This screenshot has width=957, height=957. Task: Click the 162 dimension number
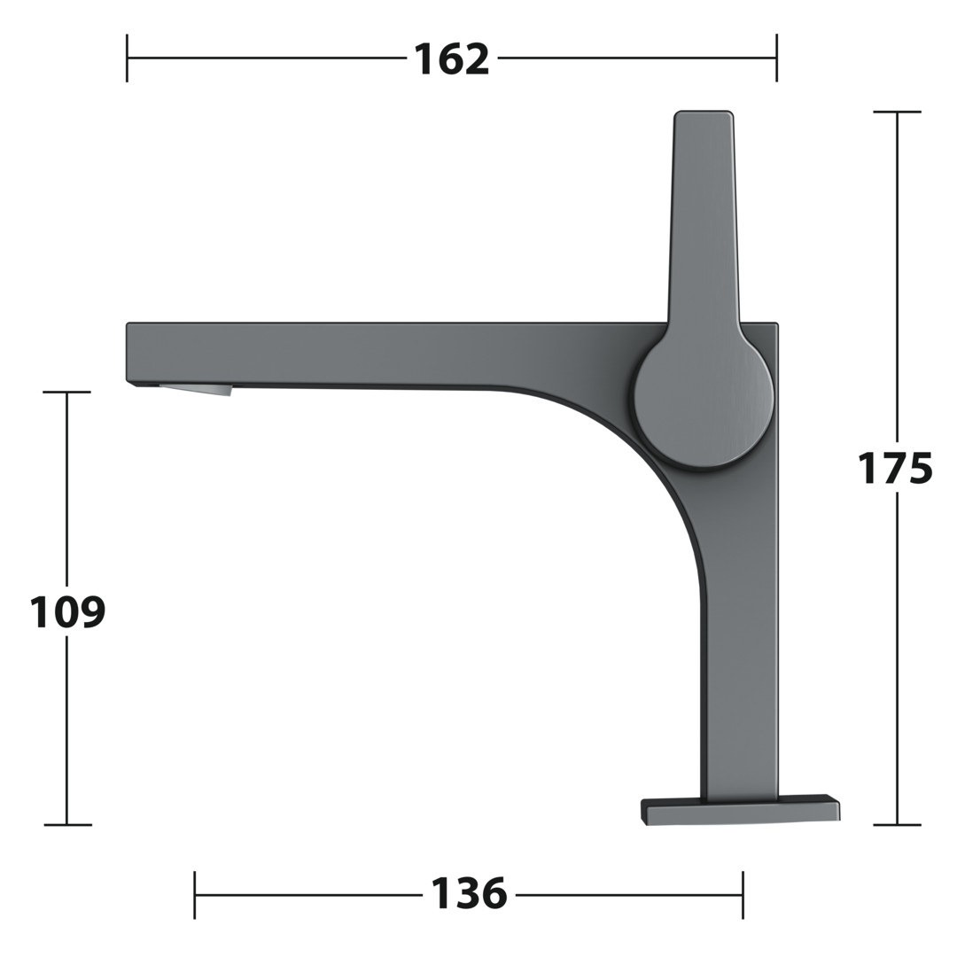pos(452,59)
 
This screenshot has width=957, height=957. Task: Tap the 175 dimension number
pos(895,468)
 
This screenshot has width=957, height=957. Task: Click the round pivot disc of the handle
pos(704,403)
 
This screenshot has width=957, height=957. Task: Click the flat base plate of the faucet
pos(740,810)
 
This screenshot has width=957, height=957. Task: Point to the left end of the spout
pos(127,354)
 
